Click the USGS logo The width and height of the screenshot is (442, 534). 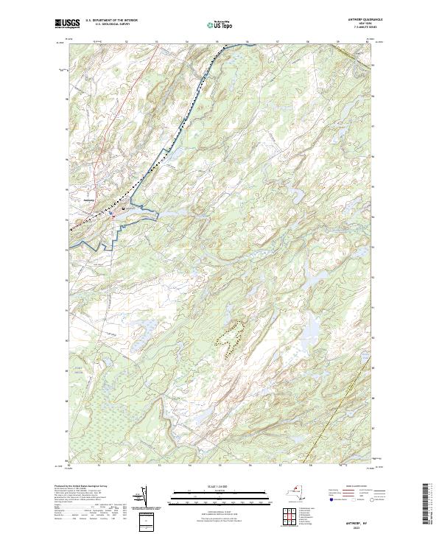(67, 24)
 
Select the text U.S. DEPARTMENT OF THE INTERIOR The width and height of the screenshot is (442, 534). (111, 21)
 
